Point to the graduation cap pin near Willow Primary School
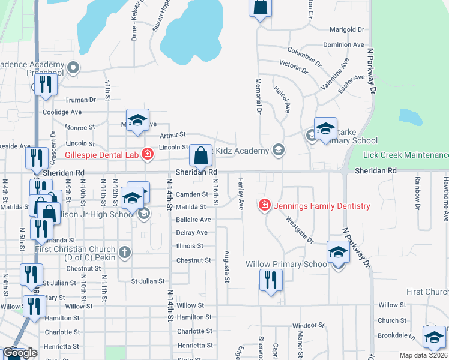click(x=338, y=253)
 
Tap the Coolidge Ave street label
click(x=62, y=112)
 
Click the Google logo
click(x=20, y=353)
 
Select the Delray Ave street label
click(x=192, y=233)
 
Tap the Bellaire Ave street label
click(x=193, y=220)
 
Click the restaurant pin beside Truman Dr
click(x=46, y=85)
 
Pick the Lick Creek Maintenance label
click(x=406, y=155)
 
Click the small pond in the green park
click(x=410, y=116)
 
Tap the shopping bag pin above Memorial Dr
click(x=261, y=8)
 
